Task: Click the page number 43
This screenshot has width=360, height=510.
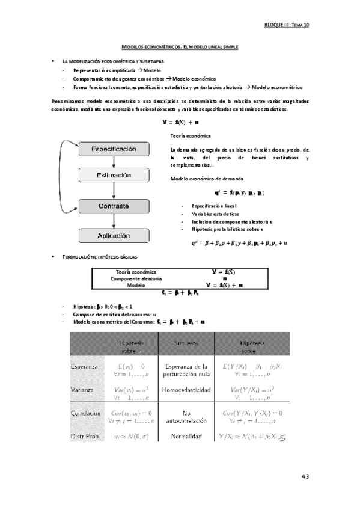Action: coord(305,476)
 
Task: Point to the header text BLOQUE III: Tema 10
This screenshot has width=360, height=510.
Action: coord(287,26)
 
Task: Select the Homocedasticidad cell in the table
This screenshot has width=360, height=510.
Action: coord(186,390)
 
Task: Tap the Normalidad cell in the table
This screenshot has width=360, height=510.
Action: coord(186,435)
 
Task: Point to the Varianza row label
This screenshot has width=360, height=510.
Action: coord(82,390)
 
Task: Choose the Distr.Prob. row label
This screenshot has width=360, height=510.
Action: coord(85,435)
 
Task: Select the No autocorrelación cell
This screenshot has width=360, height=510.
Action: coord(186,417)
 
